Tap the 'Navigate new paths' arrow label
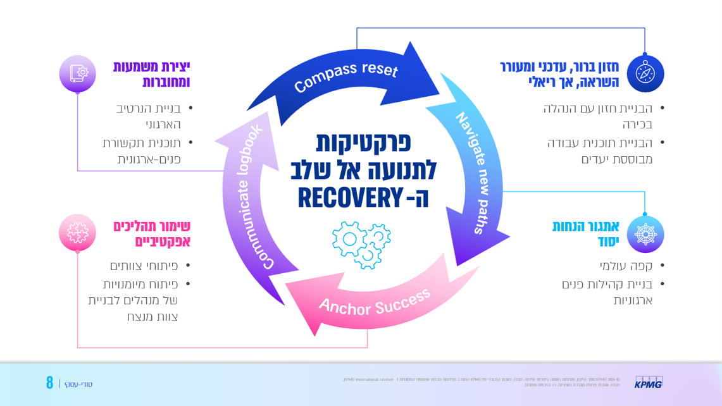tap(480, 173)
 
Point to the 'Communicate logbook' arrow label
tap(251, 197)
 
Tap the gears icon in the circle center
tap(361, 244)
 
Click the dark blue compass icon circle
tap(645, 74)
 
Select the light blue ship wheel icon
tap(645, 233)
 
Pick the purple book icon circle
tap(77, 73)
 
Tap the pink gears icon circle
tap(77, 232)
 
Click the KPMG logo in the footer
tap(649, 382)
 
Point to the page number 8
tap(49, 383)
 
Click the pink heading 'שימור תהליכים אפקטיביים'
tap(152, 233)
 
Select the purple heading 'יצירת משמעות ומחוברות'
tap(152, 74)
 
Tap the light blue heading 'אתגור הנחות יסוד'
tap(586, 233)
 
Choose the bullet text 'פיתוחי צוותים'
tap(144, 266)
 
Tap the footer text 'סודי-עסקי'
tap(78, 384)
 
